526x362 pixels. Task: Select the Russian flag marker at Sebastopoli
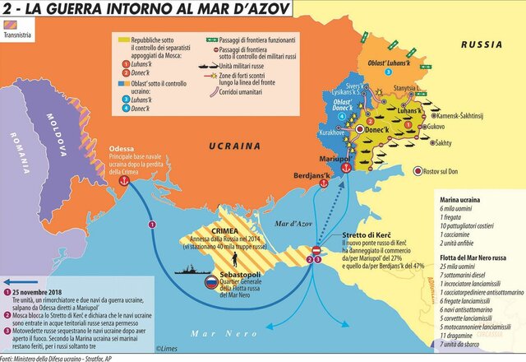[212, 281]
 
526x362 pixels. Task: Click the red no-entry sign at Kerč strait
[318, 249]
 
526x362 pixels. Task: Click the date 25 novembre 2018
[44, 292]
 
